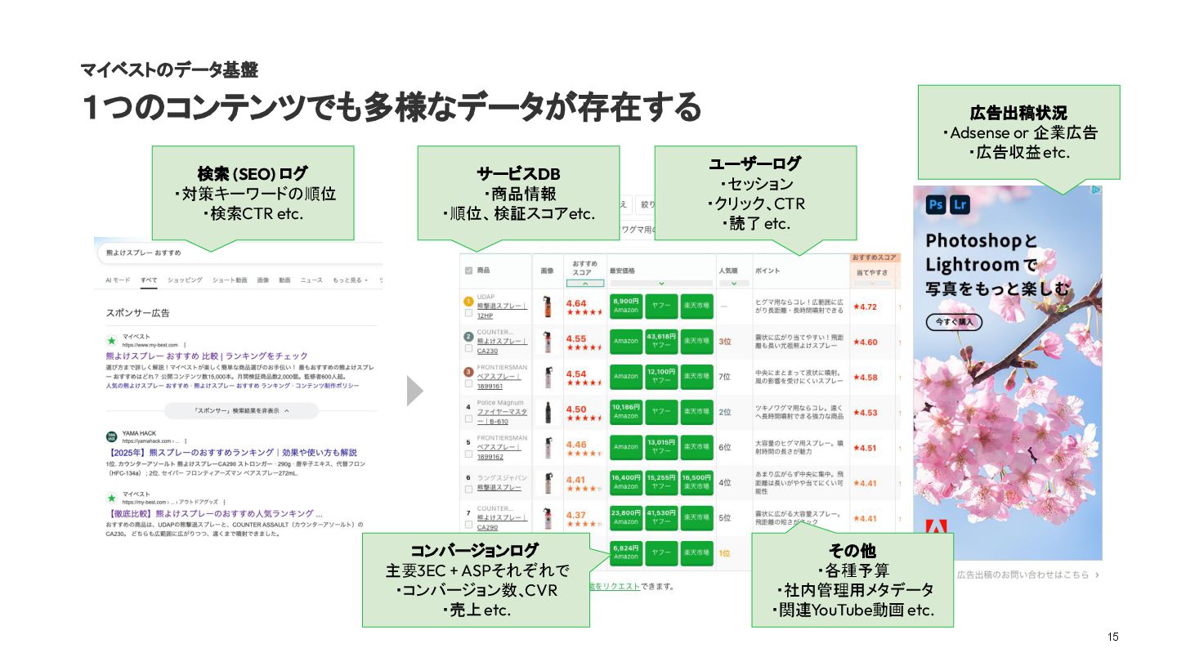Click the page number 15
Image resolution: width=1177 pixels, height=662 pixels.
point(1112,637)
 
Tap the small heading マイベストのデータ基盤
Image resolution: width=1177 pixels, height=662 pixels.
point(169,70)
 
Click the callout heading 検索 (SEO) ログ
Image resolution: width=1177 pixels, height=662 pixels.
point(253,174)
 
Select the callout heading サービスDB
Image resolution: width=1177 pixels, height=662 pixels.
point(518,174)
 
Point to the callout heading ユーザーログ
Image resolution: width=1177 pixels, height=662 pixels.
point(754,163)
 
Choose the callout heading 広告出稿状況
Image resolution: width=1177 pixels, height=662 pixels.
point(1018,113)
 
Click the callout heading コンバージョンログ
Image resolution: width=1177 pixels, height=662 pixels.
point(475,550)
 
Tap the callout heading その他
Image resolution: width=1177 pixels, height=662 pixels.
point(853,550)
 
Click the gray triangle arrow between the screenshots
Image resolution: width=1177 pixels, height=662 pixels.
point(415,391)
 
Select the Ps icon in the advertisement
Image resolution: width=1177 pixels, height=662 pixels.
point(936,204)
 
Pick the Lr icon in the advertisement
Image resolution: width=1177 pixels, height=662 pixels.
point(960,204)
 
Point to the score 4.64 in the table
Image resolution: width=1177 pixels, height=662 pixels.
point(576,304)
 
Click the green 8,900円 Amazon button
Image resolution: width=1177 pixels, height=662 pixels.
point(626,306)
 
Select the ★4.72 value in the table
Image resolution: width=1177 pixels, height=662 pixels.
point(865,307)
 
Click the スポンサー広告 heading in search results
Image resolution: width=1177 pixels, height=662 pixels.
point(137,313)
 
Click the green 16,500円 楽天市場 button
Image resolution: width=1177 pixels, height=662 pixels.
point(696,482)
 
